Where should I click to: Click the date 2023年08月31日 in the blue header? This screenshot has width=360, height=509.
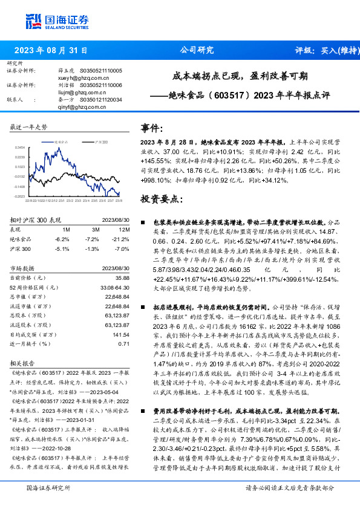click(x=51, y=51)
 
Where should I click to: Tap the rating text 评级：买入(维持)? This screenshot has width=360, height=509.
click(x=324, y=51)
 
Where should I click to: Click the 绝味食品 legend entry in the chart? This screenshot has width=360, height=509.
click(x=64, y=141)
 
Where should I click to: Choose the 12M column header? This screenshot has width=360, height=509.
click(x=125, y=230)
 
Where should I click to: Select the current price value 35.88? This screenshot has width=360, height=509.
click(x=123, y=277)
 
